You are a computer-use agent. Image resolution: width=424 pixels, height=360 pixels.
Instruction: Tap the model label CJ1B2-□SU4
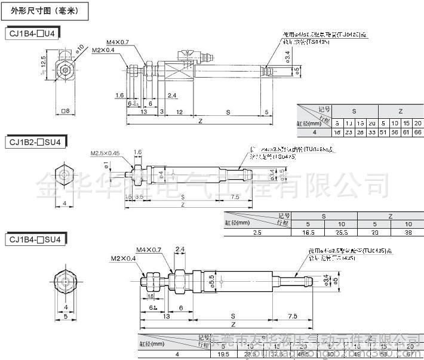(x=36, y=142)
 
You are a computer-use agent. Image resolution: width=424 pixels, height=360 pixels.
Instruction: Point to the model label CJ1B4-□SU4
(x=36, y=239)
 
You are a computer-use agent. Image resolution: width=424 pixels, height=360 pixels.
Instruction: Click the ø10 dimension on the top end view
(x=79, y=49)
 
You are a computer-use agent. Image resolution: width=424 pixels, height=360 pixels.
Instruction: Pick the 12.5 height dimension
(x=42, y=62)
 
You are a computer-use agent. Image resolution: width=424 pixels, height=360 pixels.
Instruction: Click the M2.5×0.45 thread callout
(x=105, y=153)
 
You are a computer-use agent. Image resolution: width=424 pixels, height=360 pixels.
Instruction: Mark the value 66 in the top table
(x=417, y=133)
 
